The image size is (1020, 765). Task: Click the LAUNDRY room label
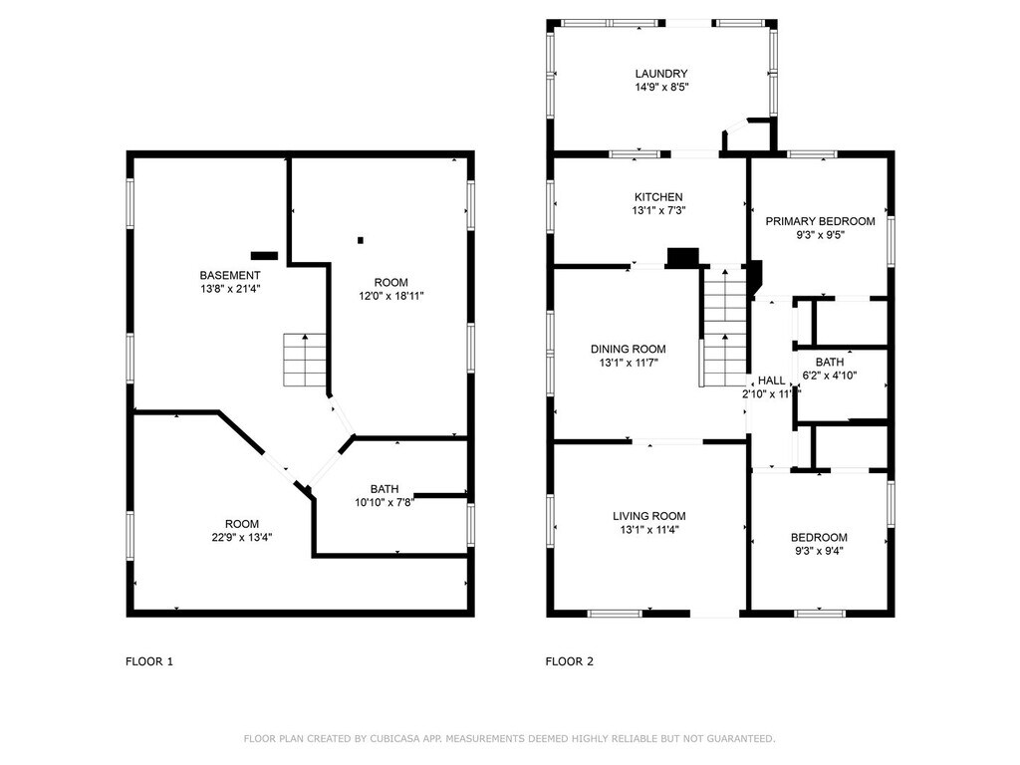(661, 74)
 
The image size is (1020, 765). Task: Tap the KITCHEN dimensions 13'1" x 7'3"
(658, 210)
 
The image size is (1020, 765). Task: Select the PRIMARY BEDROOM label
(820, 221)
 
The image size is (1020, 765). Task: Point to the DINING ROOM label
(628, 349)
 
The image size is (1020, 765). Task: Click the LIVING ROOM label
(648, 516)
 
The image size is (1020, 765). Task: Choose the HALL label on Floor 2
(772, 380)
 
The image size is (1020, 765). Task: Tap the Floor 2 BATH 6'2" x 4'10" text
(830, 369)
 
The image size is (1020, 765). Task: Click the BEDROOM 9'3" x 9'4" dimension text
(819, 550)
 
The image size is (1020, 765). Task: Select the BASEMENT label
(230, 275)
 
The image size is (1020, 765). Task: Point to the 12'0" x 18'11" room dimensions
(390, 295)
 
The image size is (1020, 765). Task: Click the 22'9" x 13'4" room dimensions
(241, 537)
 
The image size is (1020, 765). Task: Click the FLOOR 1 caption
(149, 661)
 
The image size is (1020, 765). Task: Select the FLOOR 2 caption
(569, 661)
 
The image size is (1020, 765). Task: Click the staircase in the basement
(304, 360)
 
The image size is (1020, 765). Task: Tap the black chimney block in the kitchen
(682, 258)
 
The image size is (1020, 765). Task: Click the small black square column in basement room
(361, 240)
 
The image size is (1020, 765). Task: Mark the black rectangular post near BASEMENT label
(264, 256)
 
